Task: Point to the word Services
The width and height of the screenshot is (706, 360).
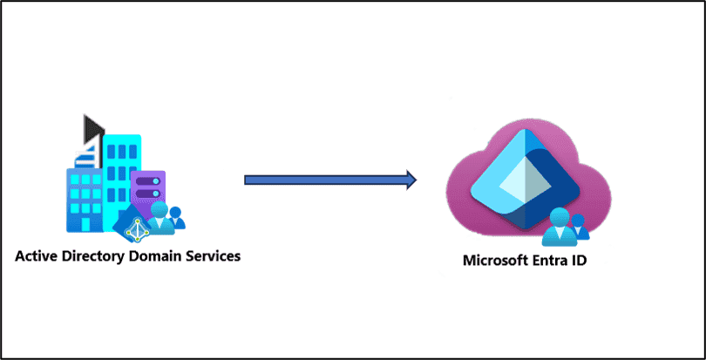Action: coord(211,257)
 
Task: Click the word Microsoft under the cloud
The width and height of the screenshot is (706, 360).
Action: coord(495,261)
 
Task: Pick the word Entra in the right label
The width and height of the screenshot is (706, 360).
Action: coord(553,261)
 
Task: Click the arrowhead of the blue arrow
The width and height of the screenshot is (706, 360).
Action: coord(407,180)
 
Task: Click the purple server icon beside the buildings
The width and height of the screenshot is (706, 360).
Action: coord(147,188)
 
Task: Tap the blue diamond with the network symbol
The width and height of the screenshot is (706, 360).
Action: coord(134,226)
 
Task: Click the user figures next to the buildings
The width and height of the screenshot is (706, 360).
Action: coord(166,219)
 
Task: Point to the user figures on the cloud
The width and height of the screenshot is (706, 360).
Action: coord(565,229)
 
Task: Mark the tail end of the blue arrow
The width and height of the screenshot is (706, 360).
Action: coord(248,180)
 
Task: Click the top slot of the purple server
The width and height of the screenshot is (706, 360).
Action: coord(147,180)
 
